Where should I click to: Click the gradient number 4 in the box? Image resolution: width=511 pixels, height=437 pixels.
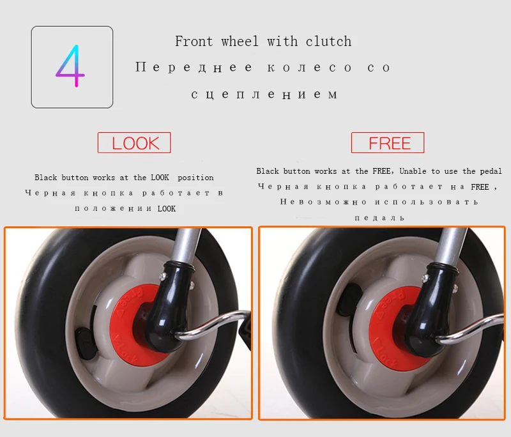click(71, 66)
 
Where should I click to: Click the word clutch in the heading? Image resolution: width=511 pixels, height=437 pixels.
click(328, 42)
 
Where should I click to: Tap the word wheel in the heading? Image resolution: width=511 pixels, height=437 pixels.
click(240, 42)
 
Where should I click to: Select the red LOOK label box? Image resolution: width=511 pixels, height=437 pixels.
click(134, 142)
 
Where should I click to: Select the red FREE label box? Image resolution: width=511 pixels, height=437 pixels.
click(388, 142)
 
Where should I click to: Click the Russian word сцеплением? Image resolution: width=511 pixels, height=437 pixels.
click(264, 95)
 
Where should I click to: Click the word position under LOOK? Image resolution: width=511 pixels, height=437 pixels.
click(195, 178)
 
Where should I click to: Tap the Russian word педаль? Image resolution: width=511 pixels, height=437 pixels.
click(379, 218)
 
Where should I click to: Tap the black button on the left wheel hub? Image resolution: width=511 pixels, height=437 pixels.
click(86, 344)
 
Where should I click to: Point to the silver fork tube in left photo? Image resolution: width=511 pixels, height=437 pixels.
click(186, 245)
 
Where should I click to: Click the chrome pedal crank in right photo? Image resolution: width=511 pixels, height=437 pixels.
click(473, 328)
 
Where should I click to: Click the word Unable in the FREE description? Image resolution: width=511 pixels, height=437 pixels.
click(413, 171)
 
